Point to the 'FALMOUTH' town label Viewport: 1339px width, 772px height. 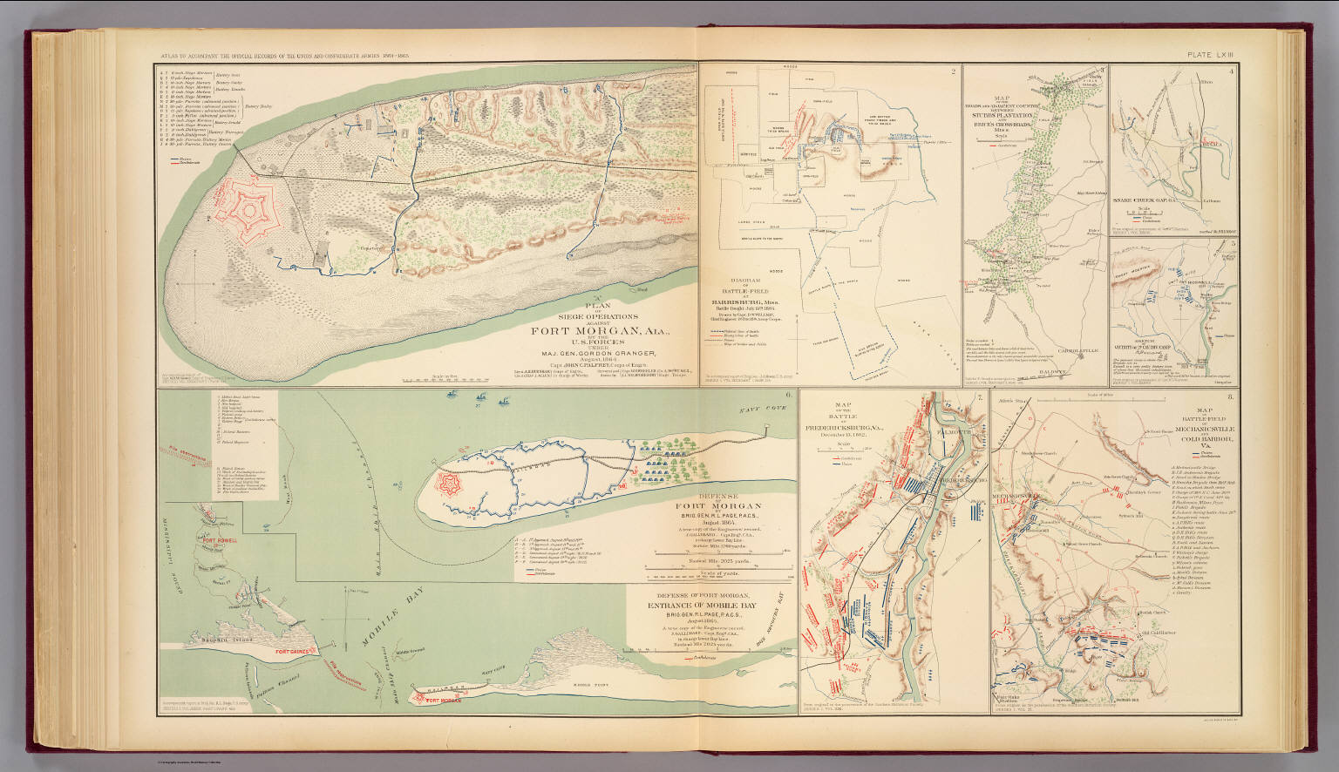coord(951,428)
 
